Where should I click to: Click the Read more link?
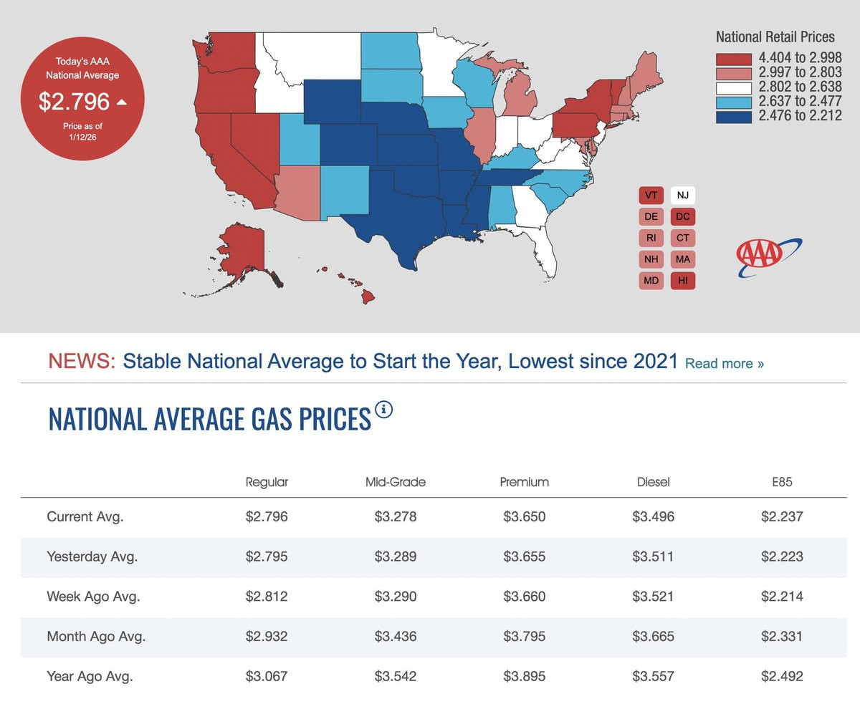(725, 363)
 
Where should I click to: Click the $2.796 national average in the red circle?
(75, 102)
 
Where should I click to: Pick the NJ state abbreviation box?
(683, 195)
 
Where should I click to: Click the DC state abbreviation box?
(683, 216)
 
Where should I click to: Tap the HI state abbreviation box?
(683, 281)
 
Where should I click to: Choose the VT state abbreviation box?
(651, 195)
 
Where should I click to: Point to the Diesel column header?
(653, 482)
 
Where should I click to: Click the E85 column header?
(782, 482)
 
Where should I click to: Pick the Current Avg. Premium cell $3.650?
(524, 516)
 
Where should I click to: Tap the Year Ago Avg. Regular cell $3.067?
(266, 676)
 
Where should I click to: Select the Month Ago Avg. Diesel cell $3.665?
(653, 636)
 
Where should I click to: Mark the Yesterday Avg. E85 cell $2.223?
(782, 556)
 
